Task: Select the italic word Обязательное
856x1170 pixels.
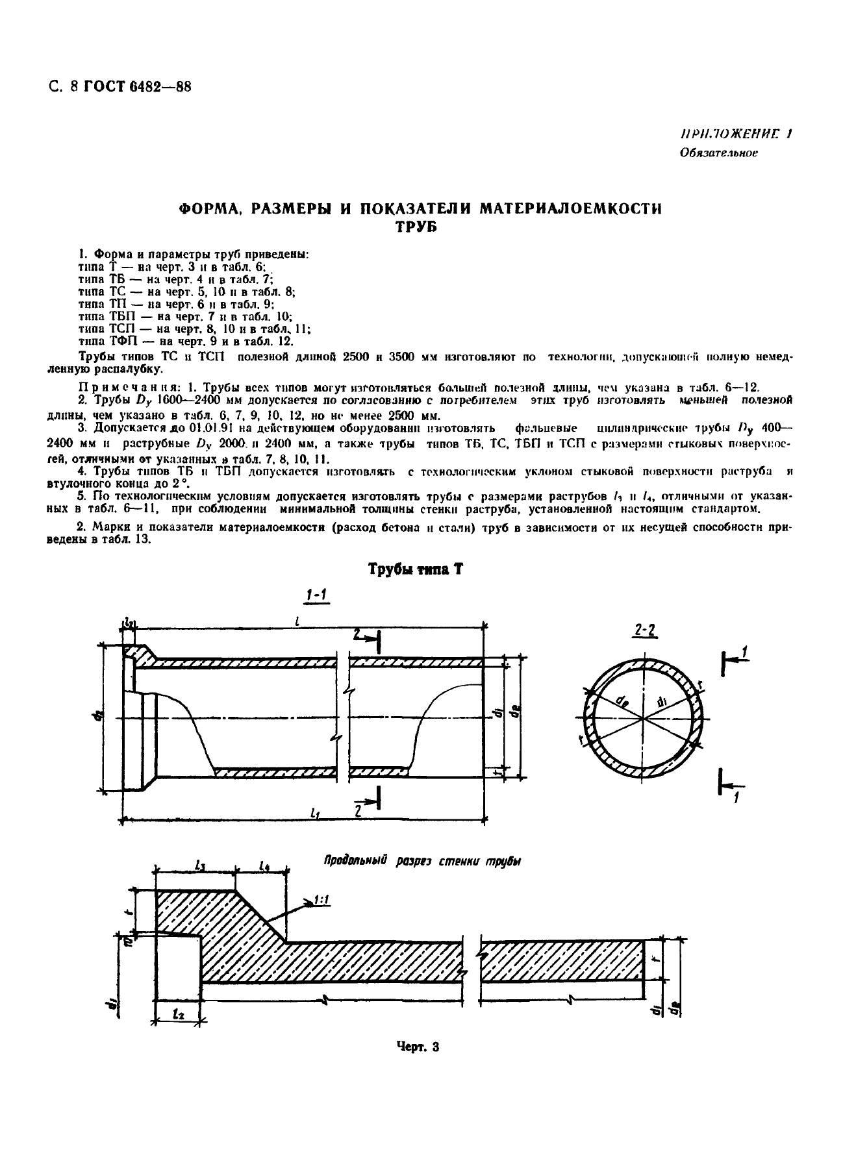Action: point(718,153)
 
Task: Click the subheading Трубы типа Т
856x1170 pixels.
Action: point(415,569)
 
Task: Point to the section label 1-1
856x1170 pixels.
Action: point(316,595)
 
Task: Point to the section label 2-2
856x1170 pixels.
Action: point(644,630)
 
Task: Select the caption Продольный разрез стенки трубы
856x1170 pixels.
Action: point(422,861)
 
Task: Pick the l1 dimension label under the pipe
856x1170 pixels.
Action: point(316,812)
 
